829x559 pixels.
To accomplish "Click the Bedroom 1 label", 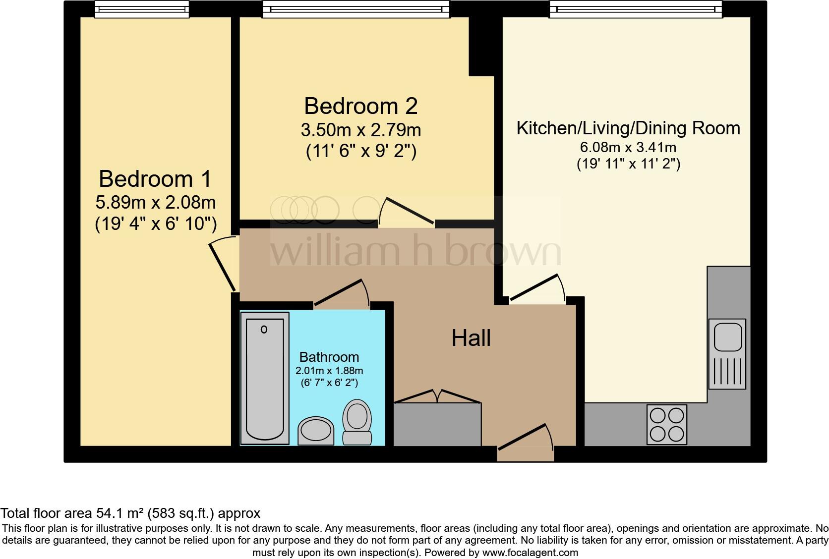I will click(x=155, y=179).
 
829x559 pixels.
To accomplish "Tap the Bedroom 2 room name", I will click(x=360, y=106).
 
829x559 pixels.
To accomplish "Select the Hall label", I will click(x=471, y=338).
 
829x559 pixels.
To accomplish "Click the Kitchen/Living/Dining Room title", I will click(x=628, y=128).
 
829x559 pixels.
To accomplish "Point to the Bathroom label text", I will click(x=329, y=357).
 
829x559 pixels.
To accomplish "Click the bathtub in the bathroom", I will click(x=265, y=379).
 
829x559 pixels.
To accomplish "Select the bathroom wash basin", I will click(x=316, y=430).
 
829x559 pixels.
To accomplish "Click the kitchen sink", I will click(x=727, y=353).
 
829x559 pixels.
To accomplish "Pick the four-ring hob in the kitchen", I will click(x=667, y=424).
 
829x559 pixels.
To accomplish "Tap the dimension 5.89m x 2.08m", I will click(x=155, y=202).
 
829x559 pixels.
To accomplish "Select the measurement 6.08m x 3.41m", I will click(x=628, y=147).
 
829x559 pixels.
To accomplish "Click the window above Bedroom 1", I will click(x=142, y=9).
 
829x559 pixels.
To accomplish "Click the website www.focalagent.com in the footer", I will click(x=530, y=552).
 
